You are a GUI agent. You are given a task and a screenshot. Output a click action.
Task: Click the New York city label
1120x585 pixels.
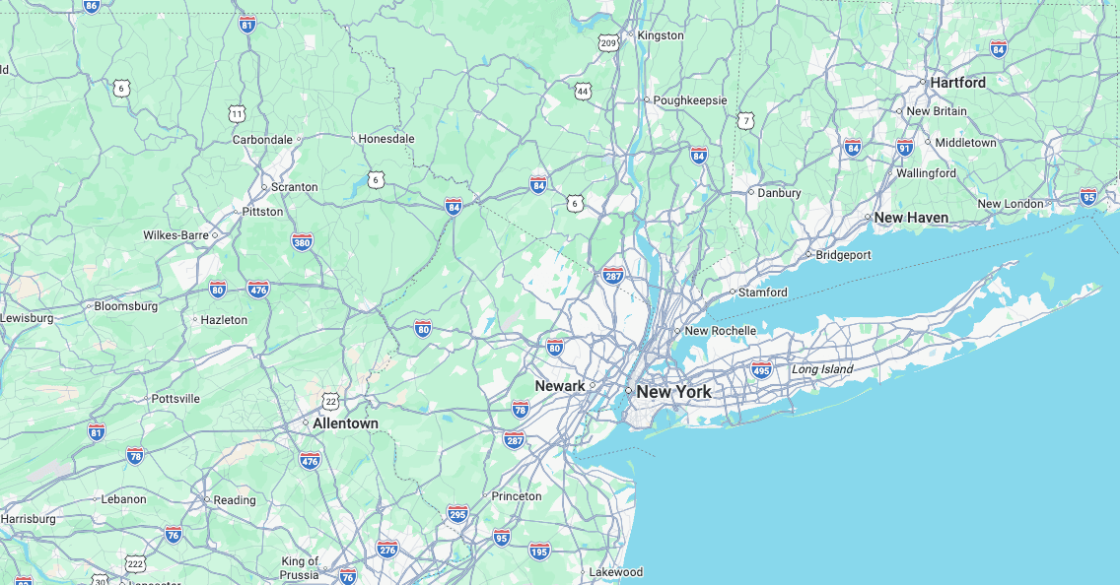[673, 392]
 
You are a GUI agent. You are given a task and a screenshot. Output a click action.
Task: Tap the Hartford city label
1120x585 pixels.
[957, 83]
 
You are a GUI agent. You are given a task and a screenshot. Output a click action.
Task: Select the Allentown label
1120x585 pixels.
[345, 423]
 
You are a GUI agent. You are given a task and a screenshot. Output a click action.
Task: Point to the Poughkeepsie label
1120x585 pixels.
[690, 100]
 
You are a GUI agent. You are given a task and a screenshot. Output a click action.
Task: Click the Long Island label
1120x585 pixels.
[822, 369]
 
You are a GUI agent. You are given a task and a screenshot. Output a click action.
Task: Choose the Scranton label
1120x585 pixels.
[295, 187]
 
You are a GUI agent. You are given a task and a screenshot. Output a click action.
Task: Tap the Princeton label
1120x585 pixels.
[517, 496]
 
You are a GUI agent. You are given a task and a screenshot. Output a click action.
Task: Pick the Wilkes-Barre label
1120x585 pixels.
[175, 235]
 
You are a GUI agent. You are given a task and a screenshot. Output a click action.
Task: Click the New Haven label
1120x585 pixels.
[911, 218]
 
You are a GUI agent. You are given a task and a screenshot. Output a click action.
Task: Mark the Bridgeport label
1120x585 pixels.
[844, 255]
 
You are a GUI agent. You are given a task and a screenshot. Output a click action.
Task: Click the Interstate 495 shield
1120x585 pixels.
[761, 369]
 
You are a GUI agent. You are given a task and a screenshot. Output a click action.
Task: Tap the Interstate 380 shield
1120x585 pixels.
[302, 241]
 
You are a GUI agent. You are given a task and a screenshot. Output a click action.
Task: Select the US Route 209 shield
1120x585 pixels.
[608, 42]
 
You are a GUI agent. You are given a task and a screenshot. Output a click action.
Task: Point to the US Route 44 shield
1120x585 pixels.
[584, 91]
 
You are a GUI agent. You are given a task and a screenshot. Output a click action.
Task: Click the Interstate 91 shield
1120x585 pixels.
[905, 148]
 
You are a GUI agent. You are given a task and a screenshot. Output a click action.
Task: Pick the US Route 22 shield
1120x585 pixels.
[330, 401]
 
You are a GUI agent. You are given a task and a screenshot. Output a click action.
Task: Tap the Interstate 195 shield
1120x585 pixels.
[539, 551]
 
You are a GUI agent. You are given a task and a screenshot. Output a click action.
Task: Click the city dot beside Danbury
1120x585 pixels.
[750, 192]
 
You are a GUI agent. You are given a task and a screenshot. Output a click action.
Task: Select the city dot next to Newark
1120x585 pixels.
[593, 386]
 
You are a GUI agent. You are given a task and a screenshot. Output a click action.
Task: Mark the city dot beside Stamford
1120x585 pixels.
[733, 292]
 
